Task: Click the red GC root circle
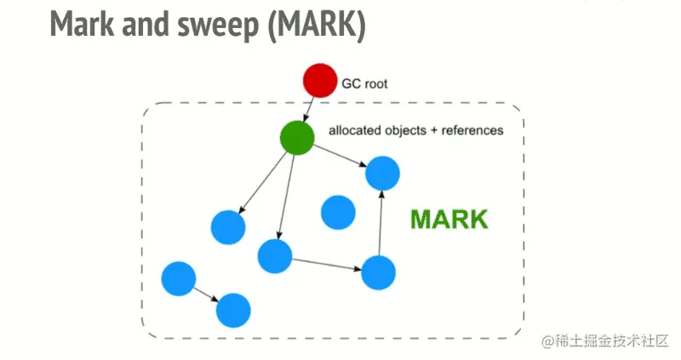[x=320, y=81]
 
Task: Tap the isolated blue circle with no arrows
[x=338, y=212]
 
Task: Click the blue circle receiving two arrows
[x=383, y=174]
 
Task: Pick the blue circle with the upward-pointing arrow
[x=379, y=272]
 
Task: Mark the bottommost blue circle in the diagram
[x=233, y=311]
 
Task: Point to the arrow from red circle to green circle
[x=310, y=109]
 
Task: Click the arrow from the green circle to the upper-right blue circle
[x=340, y=157]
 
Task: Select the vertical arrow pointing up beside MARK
[x=381, y=223]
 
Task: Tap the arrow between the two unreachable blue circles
[x=205, y=294]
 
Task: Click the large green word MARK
[x=449, y=220]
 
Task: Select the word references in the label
[x=472, y=131]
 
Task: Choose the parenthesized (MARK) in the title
[x=316, y=26]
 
